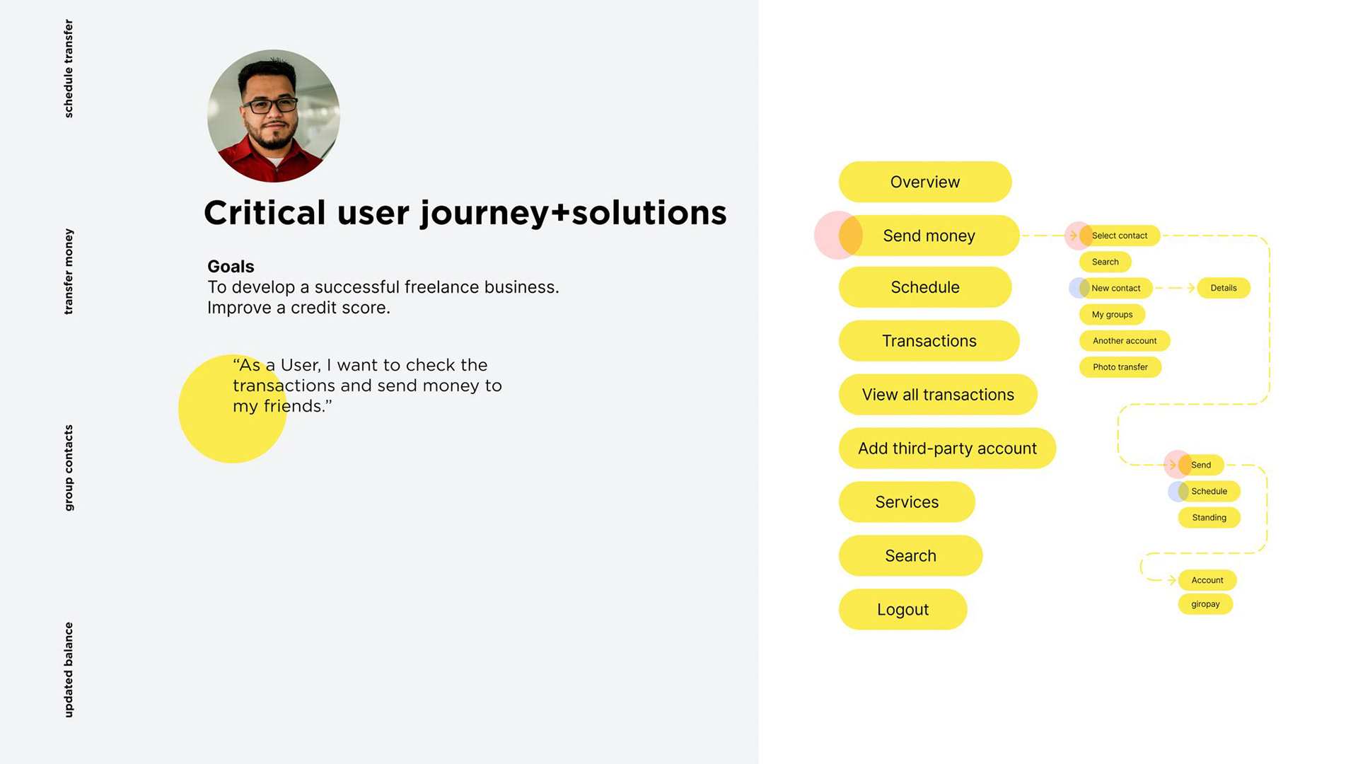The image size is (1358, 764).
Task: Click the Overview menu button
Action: tap(925, 182)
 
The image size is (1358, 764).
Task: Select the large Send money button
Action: tap(929, 236)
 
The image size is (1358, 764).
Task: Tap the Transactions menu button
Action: tap(929, 341)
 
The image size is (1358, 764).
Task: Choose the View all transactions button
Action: tap(938, 395)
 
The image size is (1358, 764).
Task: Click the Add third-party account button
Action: tap(947, 448)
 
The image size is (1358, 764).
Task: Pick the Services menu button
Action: tap(907, 502)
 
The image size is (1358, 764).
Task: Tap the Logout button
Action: tap(903, 610)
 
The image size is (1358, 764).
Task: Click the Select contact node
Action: tap(1120, 236)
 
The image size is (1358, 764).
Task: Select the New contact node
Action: tap(1116, 288)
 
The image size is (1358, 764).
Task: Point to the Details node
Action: tap(1224, 288)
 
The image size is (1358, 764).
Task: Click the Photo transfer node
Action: tap(1120, 367)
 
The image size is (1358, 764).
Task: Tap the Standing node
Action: tap(1209, 518)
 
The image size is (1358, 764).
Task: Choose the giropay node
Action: tap(1205, 604)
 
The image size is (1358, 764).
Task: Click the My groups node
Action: tap(1112, 315)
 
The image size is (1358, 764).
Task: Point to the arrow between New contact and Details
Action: tap(1175, 288)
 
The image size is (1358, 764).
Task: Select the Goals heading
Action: tap(231, 267)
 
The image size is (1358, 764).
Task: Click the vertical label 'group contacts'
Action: tap(69, 468)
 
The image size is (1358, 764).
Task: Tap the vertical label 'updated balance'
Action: tap(69, 669)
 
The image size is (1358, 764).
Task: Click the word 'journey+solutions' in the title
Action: tap(574, 214)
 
